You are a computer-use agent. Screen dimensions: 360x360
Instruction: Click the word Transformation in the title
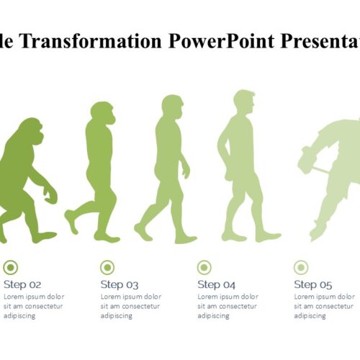pyautogui.click(x=91, y=41)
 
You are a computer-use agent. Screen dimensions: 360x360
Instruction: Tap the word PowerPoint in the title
pyautogui.click(x=221, y=41)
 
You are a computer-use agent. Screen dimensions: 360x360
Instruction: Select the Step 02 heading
pyautogui.click(x=22, y=284)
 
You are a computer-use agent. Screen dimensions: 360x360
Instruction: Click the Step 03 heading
pyautogui.click(x=120, y=284)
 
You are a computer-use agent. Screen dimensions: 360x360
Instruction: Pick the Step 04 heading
pyautogui.click(x=216, y=284)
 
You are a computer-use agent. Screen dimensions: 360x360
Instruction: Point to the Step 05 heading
pyautogui.click(x=313, y=284)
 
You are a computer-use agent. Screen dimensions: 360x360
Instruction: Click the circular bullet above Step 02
pyautogui.click(x=11, y=267)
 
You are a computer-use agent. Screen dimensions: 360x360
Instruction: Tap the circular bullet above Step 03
pyautogui.click(x=107, y=267)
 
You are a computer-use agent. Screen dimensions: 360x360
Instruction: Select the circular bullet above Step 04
pyautogui.click(x=204, y=267)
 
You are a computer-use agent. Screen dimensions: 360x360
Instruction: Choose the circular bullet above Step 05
pyautogui.click(x=301, y=267)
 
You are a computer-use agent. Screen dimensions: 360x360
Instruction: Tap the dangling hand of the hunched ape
pyautogui.click(x=50, y=194)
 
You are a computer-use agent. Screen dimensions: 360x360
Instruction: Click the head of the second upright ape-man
pyautogui.click(x=103, y=113)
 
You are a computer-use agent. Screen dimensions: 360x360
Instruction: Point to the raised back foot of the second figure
pyautogui.click(x=71, y=222)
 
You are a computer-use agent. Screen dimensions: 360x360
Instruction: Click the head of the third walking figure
pyautogui.click(x=172, y=107)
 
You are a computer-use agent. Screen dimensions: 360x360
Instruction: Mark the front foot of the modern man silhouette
pyautogui.click(x=268, y=237)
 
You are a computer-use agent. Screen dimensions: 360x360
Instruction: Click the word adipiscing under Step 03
pyautogui.click(x=117, y=316)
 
